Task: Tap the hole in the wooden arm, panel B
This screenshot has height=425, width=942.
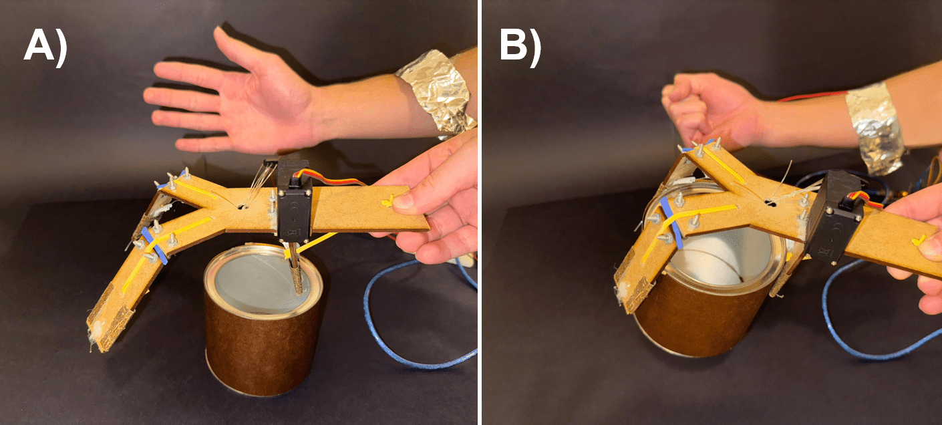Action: click(770, 203)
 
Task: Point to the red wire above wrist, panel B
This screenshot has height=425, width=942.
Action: click(812, 96)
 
